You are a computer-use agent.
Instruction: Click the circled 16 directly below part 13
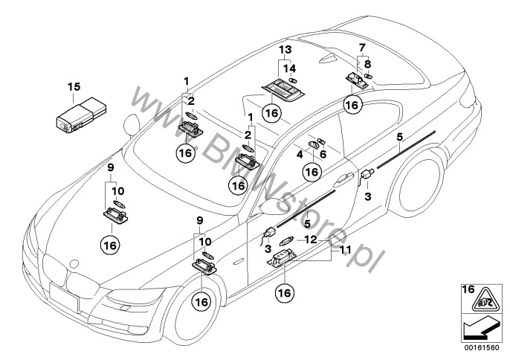click(x=272, y=114)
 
